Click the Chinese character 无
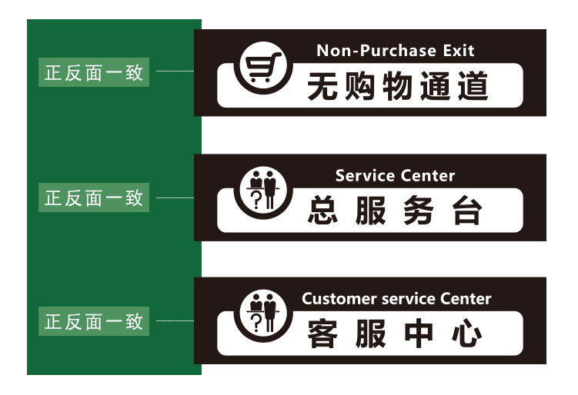(323, 86)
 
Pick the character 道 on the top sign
(473, 86)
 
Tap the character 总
(324, 211)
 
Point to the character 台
(466, 211)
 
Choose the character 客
(323, 334)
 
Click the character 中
(418, 334)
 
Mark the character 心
(466, 334)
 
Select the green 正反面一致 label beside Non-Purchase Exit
(94, 73)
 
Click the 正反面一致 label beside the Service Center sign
(94, 197)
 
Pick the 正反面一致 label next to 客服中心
(94, 321)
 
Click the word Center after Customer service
(466, 299)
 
